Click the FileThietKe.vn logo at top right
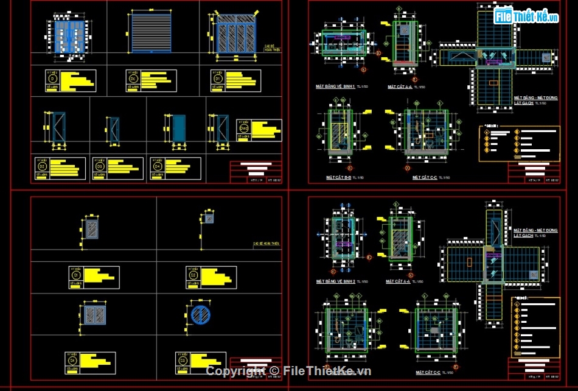coord(526,16)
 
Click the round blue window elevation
coord(200,315)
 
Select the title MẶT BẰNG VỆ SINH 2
coord(335,281)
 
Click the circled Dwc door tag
coord(244,129)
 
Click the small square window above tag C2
coord(208,217)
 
